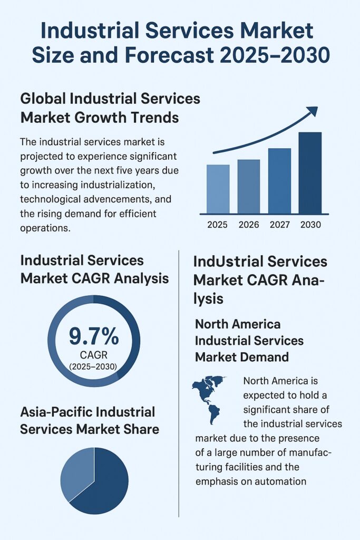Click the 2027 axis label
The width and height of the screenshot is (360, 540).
pyautogui.click(x=279, y=225)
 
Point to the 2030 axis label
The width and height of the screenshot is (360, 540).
pyautogui.click(x=310, y=225)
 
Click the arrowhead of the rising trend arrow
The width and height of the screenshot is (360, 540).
pyautogui.click(x=312, y=111)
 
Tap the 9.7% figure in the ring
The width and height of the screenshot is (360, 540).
pyautogui.click(x=94, y=336)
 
